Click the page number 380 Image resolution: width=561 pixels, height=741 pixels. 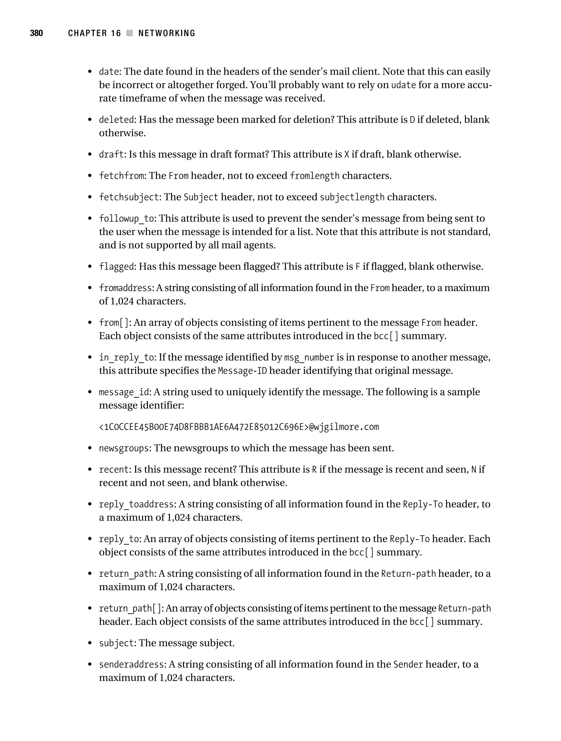[x=36, y=33]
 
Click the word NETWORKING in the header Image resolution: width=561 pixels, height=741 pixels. [x=167, y=33]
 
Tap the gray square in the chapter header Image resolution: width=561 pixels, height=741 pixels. [x=129, y=33]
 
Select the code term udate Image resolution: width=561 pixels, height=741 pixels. [x=403, y=85]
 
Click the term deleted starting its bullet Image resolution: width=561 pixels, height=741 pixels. [x=116, y=120]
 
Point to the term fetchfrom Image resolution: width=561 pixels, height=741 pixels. [x=121, y=176]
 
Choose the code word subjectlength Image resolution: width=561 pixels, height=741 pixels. [x=352, y=197]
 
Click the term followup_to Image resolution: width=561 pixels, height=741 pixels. [x=126, y=219]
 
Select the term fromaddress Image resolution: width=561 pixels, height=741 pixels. [x=126, y=288]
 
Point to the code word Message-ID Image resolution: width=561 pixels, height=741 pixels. [x=242, y=371]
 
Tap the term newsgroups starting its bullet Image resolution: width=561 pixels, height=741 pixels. [x=124, y=448]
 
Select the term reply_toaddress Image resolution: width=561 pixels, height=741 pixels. [x=136, y=504]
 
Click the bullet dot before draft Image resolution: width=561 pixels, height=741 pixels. [x=90, y=155]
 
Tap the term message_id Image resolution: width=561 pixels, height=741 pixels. [x=124, y=392]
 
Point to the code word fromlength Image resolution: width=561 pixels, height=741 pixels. [x=314, y=176]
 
